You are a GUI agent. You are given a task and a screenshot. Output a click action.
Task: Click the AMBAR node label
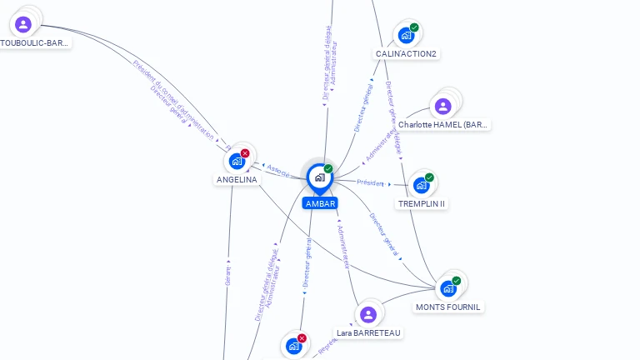click(x=320, y=203)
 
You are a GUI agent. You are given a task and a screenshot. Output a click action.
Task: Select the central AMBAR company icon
click(x=319, y=177)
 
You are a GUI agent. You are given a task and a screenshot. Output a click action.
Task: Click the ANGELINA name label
click(x=237, y=179)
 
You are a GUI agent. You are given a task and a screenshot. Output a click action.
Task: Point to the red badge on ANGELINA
click(x=245, y=153)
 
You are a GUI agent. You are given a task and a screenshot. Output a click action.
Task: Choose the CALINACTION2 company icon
click(x=405, y=36)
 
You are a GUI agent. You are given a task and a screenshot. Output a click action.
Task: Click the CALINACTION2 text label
click(x=407, y=54)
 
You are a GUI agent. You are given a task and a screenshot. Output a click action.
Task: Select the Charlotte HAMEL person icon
click(x=442, y=106)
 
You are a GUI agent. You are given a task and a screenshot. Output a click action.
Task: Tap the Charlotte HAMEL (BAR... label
click(x=443, y=125)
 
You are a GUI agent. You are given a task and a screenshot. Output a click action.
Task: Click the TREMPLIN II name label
click(x=422, y=204)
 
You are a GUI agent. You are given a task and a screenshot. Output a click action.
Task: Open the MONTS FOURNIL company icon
click(x=448, y=289)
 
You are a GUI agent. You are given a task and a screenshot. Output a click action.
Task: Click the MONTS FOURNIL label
click(x=448, y=307)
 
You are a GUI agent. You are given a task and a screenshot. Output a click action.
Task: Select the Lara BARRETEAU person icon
click(x=368, y=314)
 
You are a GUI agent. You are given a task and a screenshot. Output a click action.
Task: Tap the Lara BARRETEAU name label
click(x=368, y=332)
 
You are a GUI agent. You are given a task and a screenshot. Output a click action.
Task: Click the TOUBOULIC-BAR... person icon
click(x=23, y=24)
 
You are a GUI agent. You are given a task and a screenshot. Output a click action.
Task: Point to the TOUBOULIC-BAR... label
click(x=34, y=42)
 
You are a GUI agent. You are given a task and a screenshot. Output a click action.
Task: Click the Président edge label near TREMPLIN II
click(x=370, y=182)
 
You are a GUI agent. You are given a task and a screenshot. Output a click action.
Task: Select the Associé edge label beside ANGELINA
click(x=278, y=170)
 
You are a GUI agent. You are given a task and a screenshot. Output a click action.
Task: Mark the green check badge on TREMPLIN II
click(x=429, y=177)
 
